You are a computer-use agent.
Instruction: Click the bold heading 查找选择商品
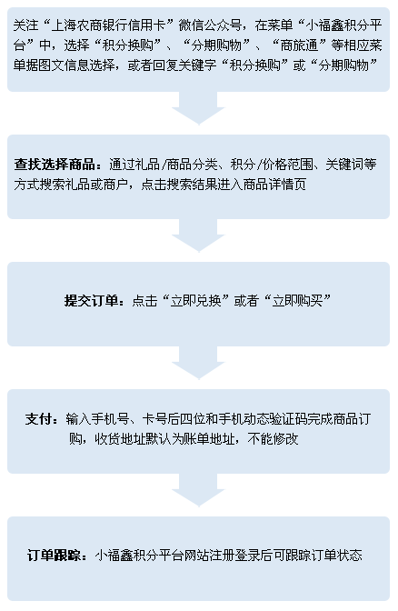pyautogui.click(x=55, y=164)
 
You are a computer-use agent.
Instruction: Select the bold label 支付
pyautogui.click(x=38, y=419)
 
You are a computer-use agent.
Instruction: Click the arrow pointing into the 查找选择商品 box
pyautogui.click(x=198, y=108)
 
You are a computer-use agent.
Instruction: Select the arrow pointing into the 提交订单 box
pyautogui.click(x=198, y=235)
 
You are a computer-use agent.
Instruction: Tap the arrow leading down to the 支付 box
pyautogui.click(x=198, y=363)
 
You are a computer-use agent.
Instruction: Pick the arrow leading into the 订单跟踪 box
pyautogui.click(x=198, y=490)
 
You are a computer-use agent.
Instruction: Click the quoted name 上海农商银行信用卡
pyautogui.click(x=108, y=25)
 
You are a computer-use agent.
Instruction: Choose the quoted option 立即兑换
pyautogui.click(x=196, y=300)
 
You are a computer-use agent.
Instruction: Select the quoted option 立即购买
pyautogui.click(x=297, y=300)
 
